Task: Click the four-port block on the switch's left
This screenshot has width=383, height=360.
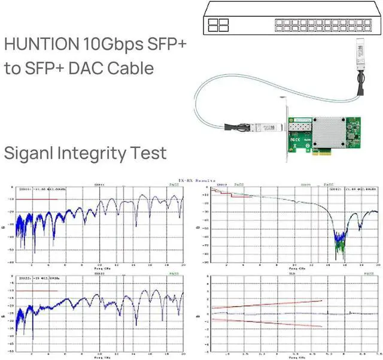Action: (x=219, y=25)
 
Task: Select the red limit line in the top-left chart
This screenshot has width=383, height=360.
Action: (x=37, y=199)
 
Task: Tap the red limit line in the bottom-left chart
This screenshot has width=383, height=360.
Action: (x=37, y=291)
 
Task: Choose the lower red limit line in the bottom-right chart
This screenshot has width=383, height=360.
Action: (x=269, y=323)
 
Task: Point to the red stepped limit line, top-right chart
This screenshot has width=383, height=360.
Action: (x=227, y=193)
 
